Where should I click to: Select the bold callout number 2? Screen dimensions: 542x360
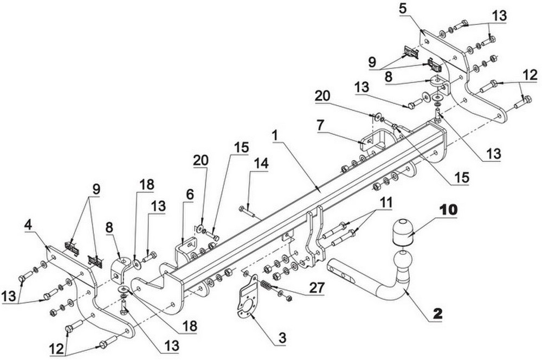pyautogui.click(x=437, y=313)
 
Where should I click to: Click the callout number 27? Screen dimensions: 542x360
pyautogui.click(x=317, y=288)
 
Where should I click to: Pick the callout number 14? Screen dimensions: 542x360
pyautogui.click(x=261, y=164)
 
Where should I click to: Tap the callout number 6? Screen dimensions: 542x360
pyautogui.click(x=189, y=195)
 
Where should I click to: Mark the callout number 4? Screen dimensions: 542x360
pyautogui.click(x=29, y=226)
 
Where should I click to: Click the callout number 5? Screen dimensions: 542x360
pyautogui.click(x=403, y=9)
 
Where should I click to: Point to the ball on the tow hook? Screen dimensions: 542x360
pyautogui.click(x=403, y=260)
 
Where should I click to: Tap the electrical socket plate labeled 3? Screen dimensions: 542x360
pyautogui.click(x=247, y=295)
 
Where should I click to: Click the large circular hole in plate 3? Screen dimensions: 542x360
pyautogui.click(x=248, y=307)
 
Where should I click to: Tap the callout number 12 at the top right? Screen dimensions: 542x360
pyautogui.click(x=530, y=75)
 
